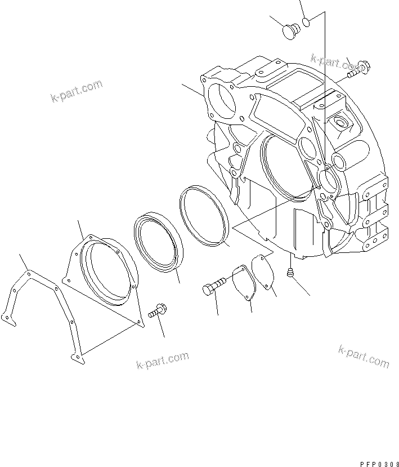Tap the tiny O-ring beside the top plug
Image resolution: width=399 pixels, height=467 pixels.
pyautogui.click(x=307, y=22)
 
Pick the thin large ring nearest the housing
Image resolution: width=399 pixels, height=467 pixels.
pyautogui.click(x=204, y=216)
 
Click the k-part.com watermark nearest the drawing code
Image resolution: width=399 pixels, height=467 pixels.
pyautogui.click(x=364, y=356)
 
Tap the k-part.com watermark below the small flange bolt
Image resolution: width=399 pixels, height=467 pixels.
pyautogui.click(x=162, y=361)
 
